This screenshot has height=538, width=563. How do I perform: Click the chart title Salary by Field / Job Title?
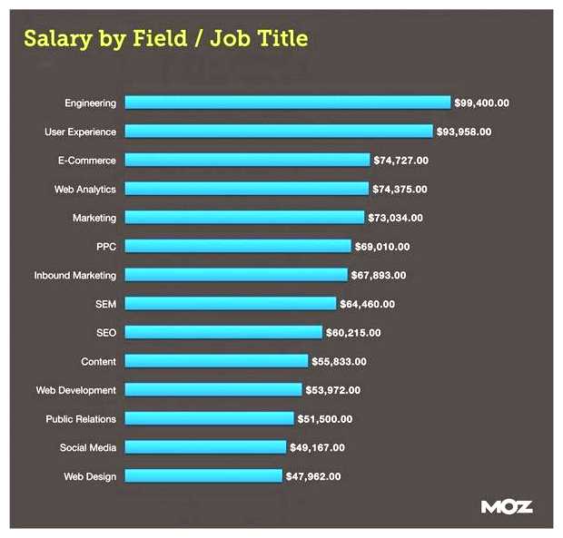[165, 38]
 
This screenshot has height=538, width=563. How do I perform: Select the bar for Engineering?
[287, 103]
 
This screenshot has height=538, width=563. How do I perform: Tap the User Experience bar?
[278, 132]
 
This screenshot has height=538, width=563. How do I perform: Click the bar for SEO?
[222, 332]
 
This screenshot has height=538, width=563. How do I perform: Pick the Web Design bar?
[202, 475]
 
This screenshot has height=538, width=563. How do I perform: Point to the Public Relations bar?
[209, 418]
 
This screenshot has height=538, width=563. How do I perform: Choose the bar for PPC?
[237, 246]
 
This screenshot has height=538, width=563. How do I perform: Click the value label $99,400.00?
[482, 103]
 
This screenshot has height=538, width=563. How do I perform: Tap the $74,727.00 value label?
[400, 161]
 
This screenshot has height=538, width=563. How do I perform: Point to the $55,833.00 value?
[339, 361]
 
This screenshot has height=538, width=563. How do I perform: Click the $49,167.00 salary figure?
[317, 447]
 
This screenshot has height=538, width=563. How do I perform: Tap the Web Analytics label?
[84, 189]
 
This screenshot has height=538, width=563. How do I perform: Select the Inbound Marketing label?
[75, 275]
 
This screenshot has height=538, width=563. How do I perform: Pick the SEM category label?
[105, 304]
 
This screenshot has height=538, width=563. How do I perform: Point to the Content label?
[98, 361]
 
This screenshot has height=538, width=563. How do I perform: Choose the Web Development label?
[76, 390]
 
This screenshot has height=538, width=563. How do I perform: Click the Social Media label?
[88, 447]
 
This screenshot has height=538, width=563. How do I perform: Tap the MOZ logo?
[506, 507]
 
